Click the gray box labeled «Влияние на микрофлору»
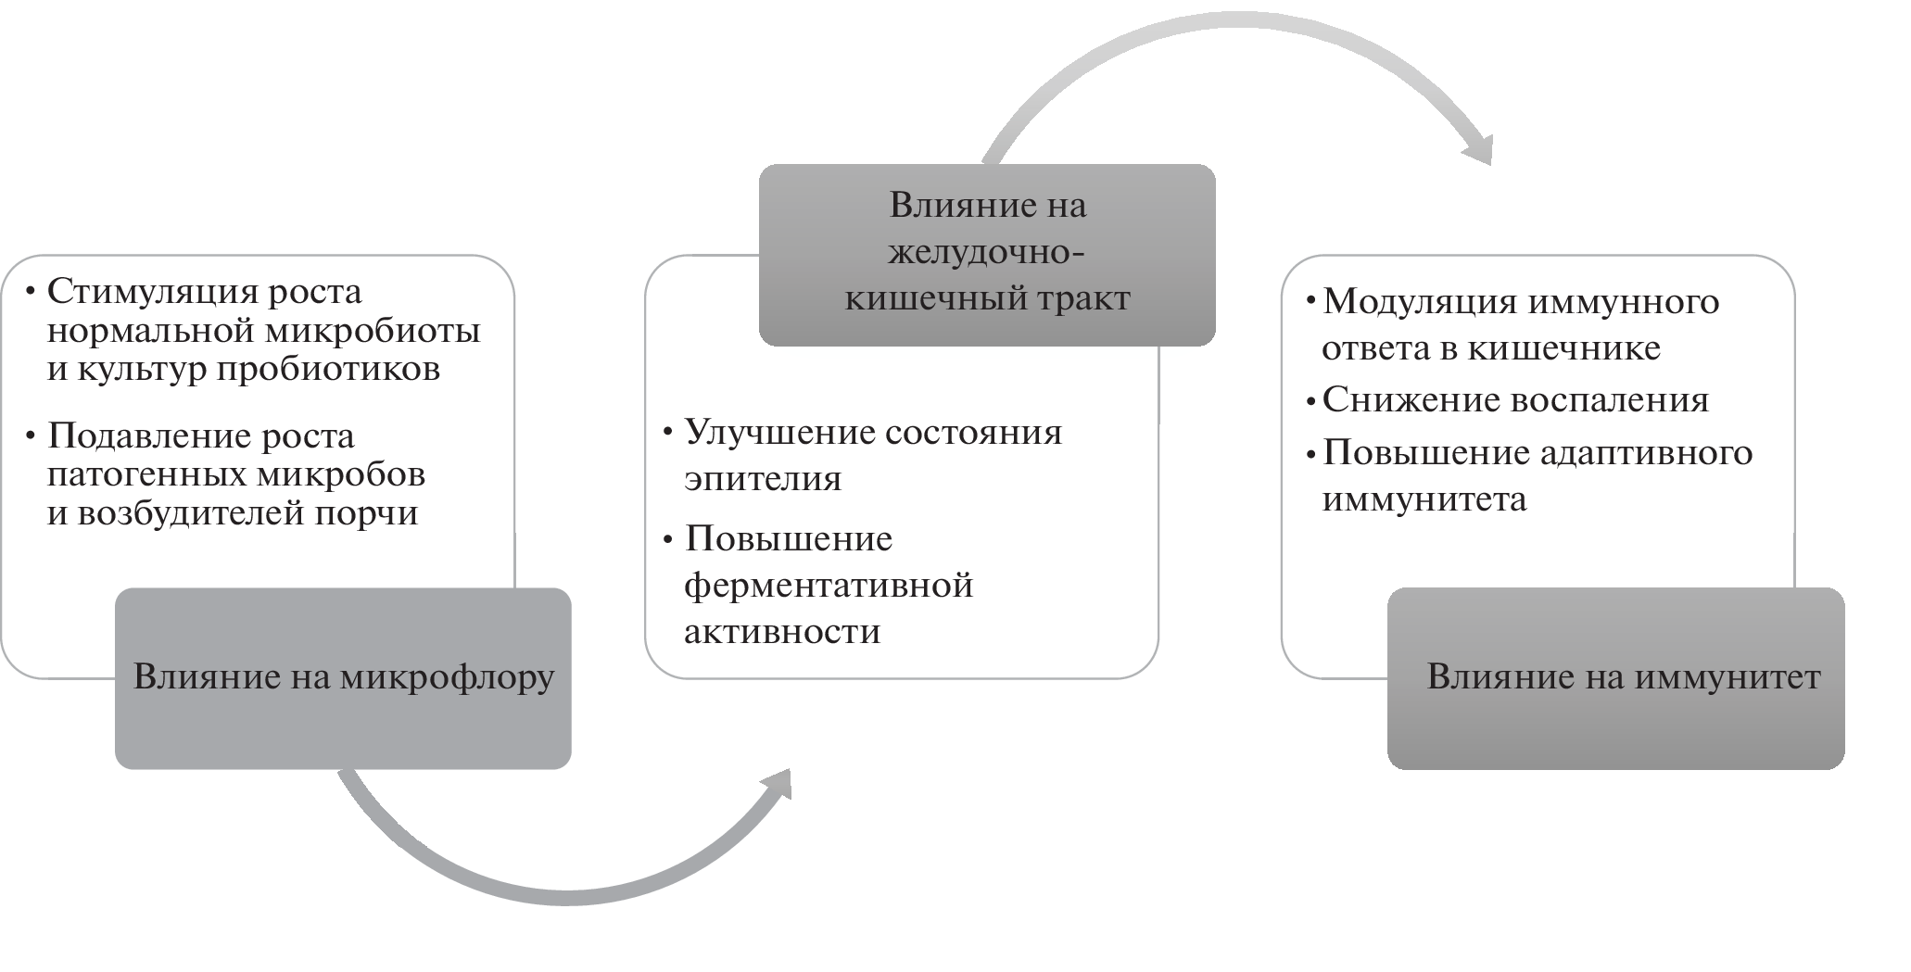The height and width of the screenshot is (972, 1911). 343,678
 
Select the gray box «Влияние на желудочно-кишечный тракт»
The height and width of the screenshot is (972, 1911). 987,254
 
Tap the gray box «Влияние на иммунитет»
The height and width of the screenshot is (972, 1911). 1616,678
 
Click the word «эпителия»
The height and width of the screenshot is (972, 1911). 763,479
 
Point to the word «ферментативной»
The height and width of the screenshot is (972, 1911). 829,586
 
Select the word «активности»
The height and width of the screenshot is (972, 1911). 782,632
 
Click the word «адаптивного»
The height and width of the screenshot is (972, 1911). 1646,452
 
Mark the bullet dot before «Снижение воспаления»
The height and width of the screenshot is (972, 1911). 1310,401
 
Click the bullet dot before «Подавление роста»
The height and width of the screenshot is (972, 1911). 32,436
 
